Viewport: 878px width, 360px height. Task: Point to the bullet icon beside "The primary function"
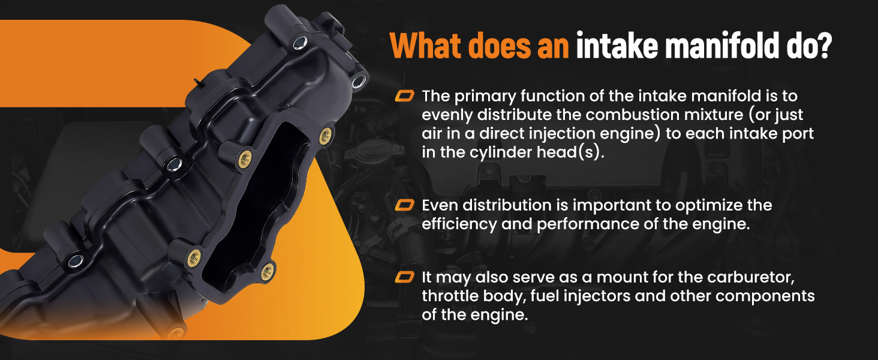[404, 96]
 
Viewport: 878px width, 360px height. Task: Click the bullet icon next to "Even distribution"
[404, 205]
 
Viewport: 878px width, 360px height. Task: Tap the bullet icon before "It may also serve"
[404, 277]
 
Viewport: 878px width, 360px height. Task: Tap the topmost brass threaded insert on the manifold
[325, 136]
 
